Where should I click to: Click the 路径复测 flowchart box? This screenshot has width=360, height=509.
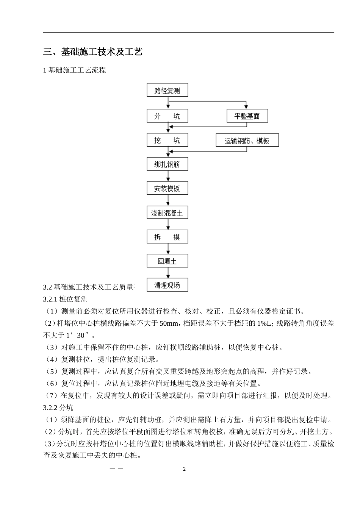coord(167,91)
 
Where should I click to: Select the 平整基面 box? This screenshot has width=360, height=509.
coord(247,116)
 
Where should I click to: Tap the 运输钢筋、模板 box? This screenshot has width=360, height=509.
coord(247,141)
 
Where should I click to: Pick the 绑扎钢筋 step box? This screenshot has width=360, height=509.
coord(167,164)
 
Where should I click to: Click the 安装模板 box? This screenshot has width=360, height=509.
coord(167,189)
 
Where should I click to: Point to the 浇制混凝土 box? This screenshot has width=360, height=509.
coord(167,213)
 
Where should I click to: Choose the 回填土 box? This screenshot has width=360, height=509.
coord(167,261)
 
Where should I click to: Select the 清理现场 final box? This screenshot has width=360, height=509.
coord(167,285)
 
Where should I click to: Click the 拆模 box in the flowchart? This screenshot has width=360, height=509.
coord(167,237)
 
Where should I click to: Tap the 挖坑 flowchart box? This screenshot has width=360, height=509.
coord(167,141)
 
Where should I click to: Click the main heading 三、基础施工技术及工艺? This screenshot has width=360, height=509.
coord(93,52)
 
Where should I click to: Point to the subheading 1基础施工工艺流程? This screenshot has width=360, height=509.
coord(75,70)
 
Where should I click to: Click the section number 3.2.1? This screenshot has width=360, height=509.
coord(50,299)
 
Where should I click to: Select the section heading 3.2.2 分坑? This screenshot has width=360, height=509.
coord(58,408)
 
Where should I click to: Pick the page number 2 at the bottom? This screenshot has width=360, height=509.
coord(185,469)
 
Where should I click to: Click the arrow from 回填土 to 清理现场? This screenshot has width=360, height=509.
coord(167,273)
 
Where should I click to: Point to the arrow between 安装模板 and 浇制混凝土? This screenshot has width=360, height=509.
coord(167,201)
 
